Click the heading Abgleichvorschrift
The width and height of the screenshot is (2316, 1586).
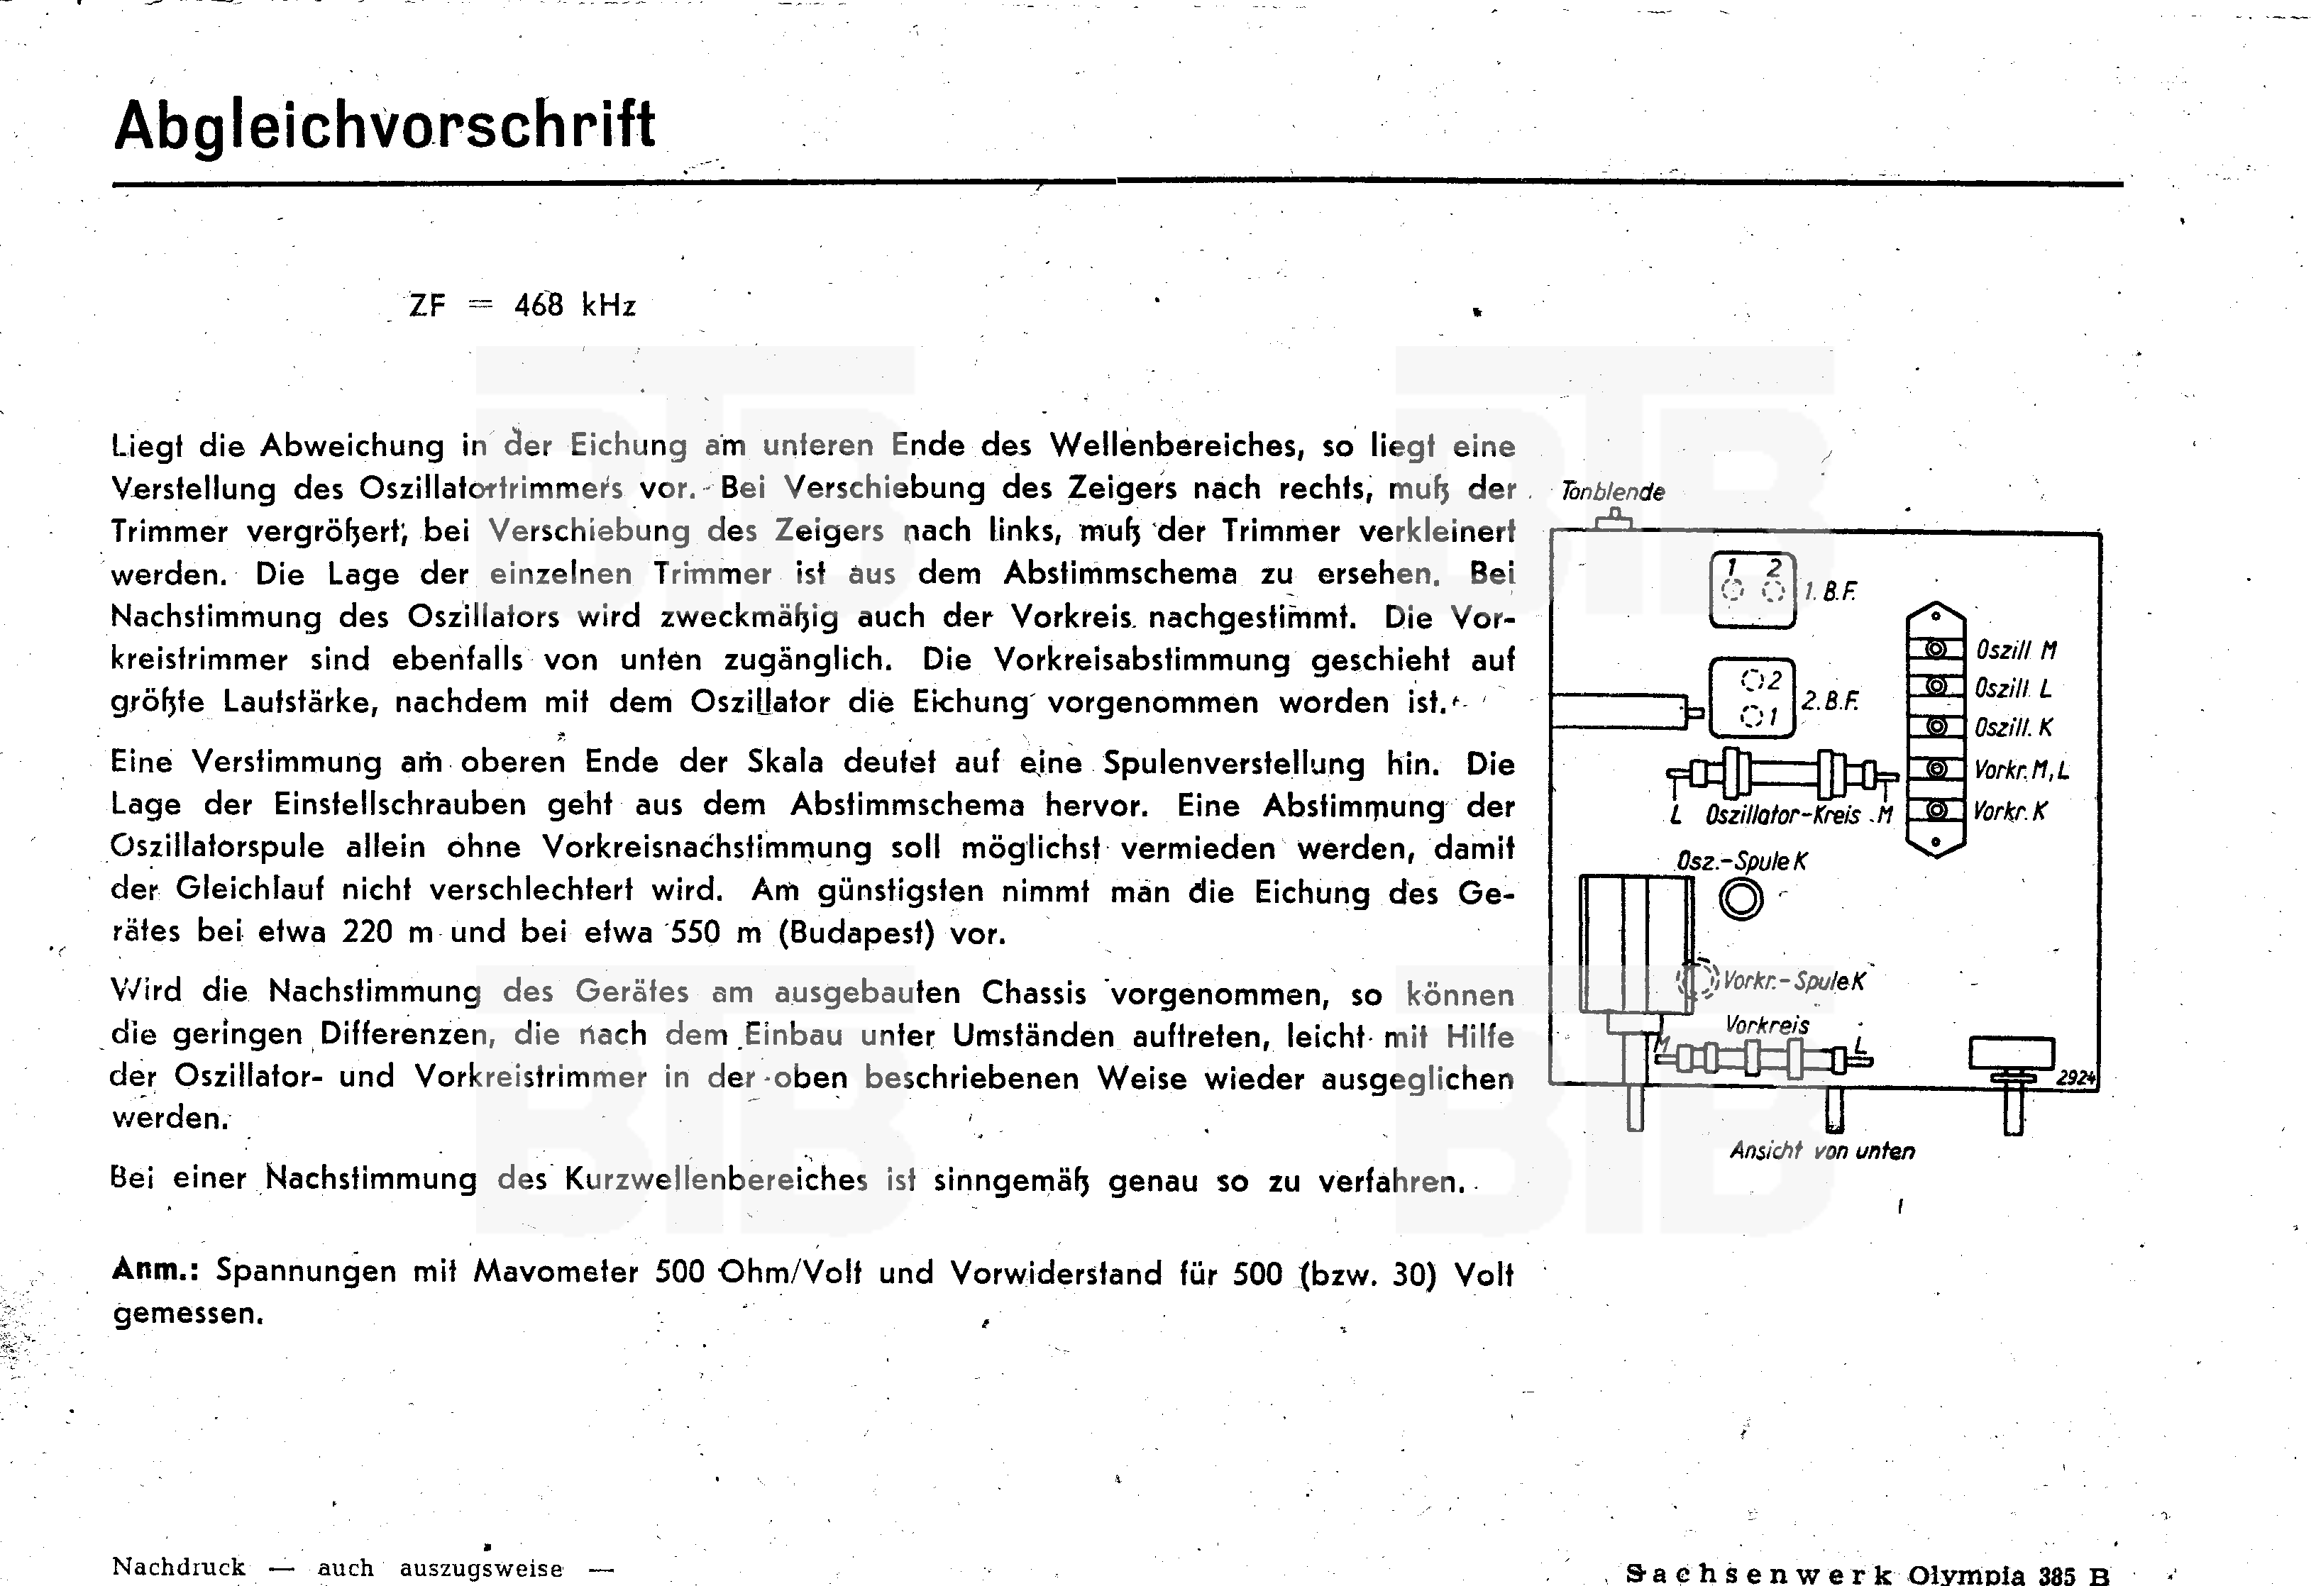point(385,126)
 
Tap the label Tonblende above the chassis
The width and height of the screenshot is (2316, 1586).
point(1612,491)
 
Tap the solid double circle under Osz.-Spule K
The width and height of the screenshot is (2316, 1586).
point(1741,899)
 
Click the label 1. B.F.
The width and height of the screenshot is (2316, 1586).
point(1831,592)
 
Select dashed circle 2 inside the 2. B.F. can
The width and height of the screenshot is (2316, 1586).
point(1751,680)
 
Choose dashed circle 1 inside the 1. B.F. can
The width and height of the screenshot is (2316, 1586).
point(1733,591)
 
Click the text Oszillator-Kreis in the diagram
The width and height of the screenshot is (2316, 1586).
point(1782,815)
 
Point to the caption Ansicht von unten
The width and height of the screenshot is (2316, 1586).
point(1821,1150)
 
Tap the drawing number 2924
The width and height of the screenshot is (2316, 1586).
point(2076,1078)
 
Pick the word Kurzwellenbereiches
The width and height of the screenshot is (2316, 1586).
point(715,1180)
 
